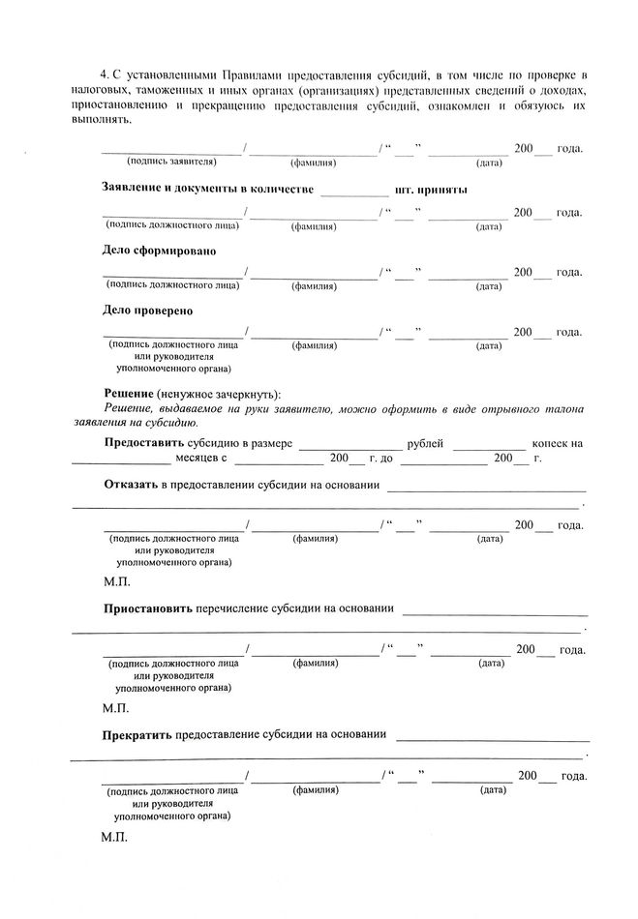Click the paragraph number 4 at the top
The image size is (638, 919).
pyautogui.click(x=104, y=74)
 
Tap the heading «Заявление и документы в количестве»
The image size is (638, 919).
pyautogui.click(x=207, y=190)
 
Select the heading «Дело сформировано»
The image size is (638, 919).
pyautogui.click(x=159, y=251)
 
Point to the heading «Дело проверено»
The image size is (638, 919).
pyautogui.click(x=148, y=311)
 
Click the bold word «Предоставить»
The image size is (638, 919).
pyautogui.click(x=143, y=443)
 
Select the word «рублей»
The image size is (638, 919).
pyautogui.click(x=426, y=443)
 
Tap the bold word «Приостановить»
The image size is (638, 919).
pyautogui.click(x=148, y=609)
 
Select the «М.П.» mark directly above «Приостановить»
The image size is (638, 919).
pyautogui.click(x=114, y=583)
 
